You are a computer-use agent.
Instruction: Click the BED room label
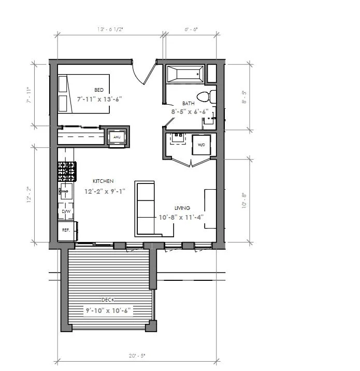pos(98,90)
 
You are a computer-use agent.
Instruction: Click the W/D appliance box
pos(200,145)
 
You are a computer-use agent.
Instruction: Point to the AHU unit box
pos(117,137)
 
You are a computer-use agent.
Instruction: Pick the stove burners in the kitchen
pos(67,169)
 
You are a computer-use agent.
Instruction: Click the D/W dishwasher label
pos(66,211)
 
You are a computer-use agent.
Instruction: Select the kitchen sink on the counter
pos(66,191)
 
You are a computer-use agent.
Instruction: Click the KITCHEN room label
pos(103,181)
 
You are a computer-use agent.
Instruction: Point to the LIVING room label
pos(182,208)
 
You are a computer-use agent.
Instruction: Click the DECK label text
pos(108,300)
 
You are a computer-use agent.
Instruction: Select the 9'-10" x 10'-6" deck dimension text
pos(108,310)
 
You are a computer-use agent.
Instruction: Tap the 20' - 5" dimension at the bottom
pos(137,355)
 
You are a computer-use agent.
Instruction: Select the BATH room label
pos(188,103)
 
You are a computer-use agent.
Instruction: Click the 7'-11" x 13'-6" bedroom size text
pos(99,98)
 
